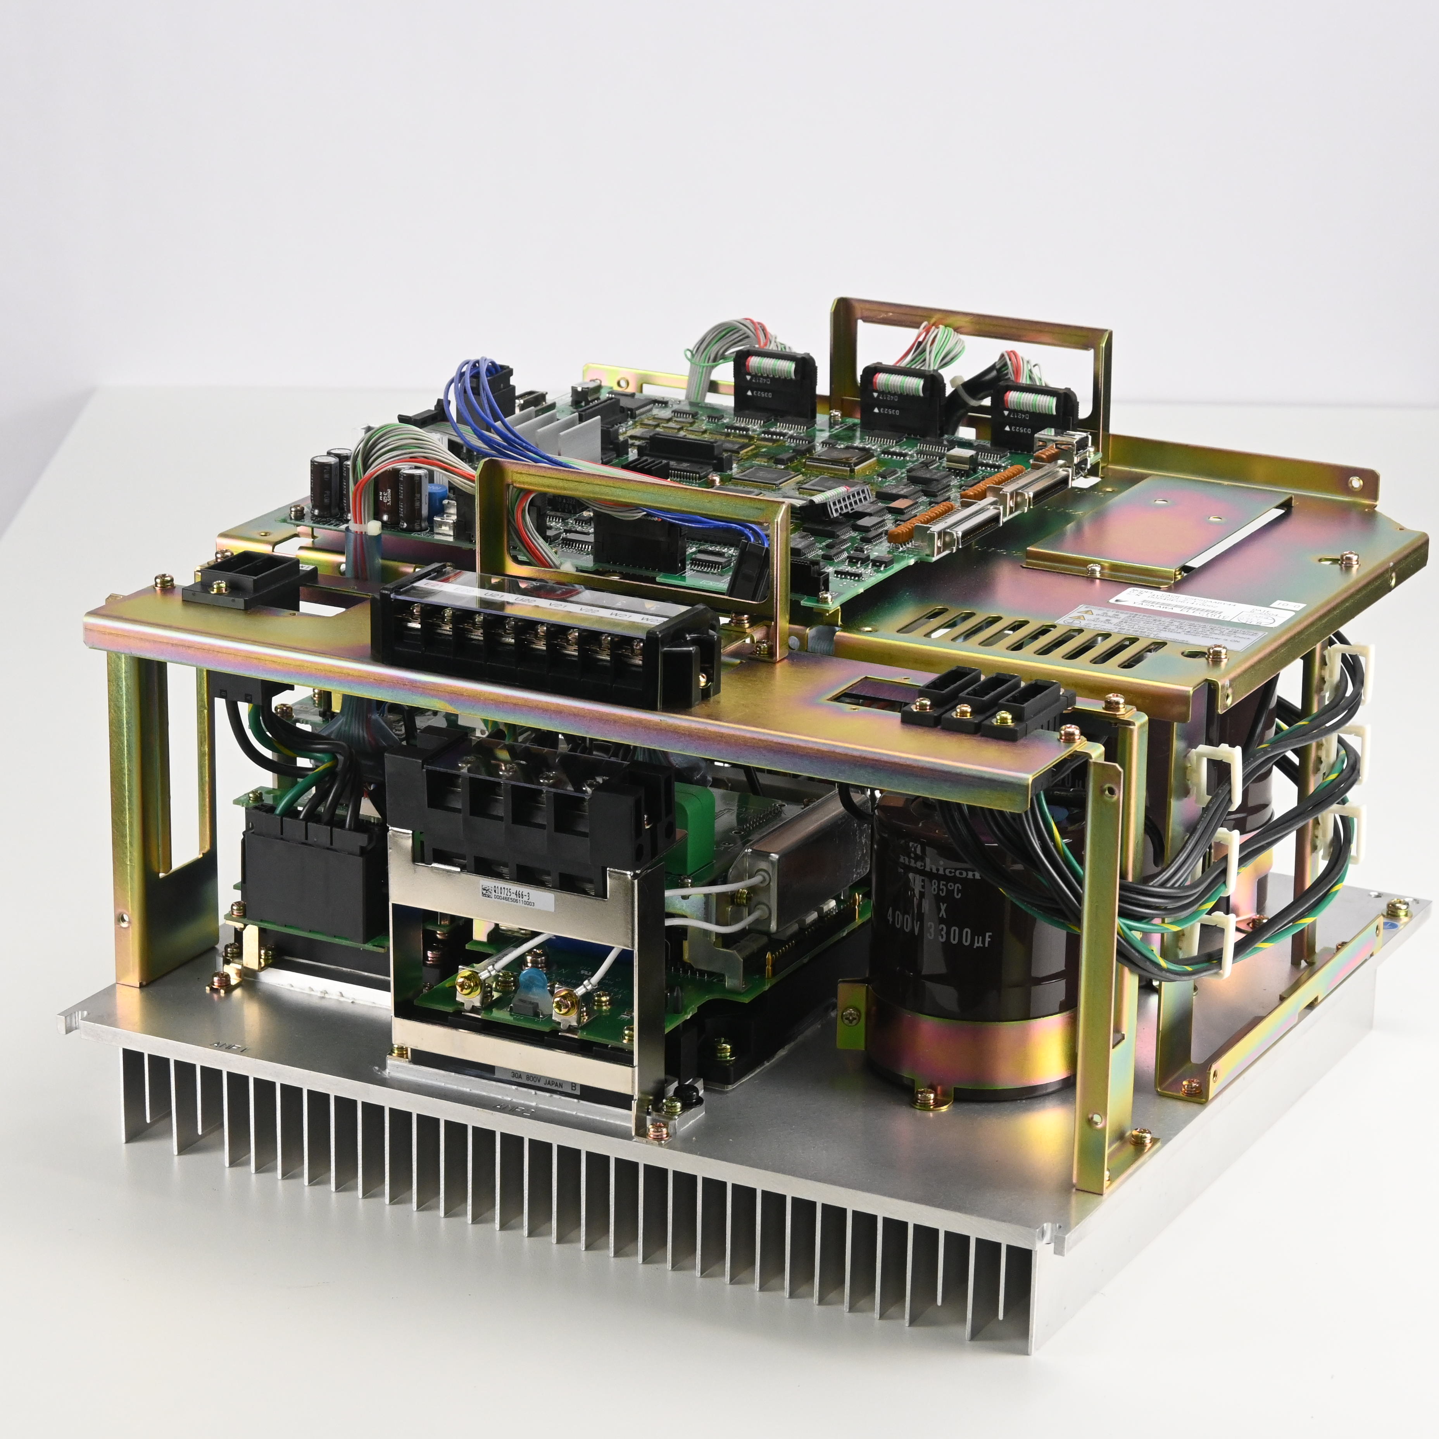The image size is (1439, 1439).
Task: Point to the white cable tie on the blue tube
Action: [x=370, y=529]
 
